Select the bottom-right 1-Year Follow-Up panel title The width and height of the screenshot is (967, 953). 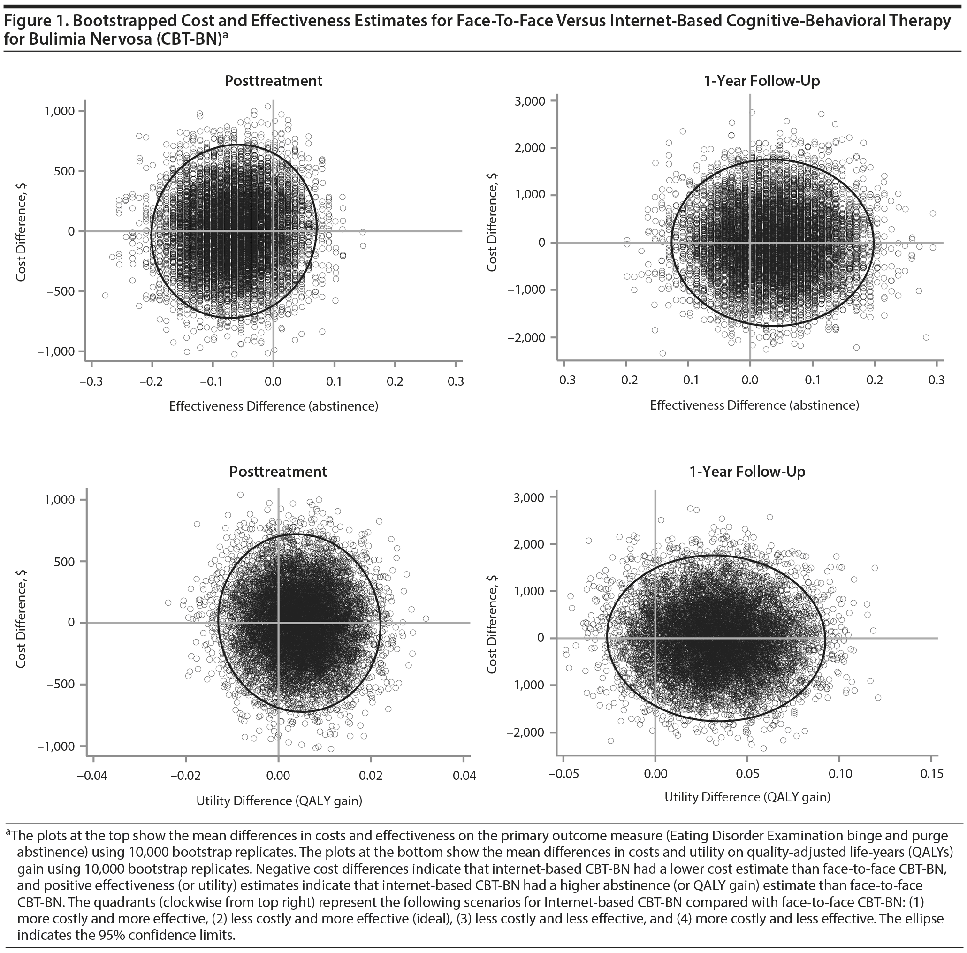(x=747, y=472)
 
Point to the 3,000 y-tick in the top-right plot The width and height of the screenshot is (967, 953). (x=531, y=100)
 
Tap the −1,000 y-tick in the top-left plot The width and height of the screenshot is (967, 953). (x=55, y=351)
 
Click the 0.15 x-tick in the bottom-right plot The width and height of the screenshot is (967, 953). (x=931, y=774)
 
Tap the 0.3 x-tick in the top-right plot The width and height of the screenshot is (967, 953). (x=936, y=381)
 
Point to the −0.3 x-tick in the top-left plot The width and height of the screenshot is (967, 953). (x=91, y=382)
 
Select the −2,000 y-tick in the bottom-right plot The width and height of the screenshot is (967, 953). (x=525, y=732)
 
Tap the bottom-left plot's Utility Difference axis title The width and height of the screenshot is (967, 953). (x=279, y=801)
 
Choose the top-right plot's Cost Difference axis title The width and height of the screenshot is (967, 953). (x=492, y=222)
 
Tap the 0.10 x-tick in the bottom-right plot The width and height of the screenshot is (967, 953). (x=840, y=774)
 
